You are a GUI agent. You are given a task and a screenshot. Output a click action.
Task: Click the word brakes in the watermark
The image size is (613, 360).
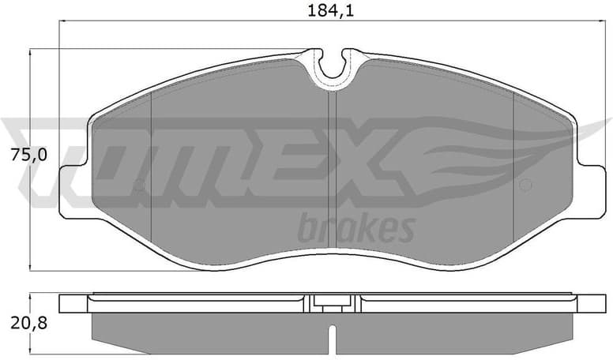point(355,229)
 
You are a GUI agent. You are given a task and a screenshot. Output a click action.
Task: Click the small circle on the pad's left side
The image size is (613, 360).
point(139,187)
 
